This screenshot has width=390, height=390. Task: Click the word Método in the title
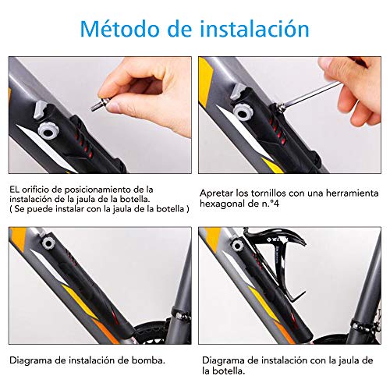(x=120, y=28)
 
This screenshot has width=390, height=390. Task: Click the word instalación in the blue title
(x=255, y=28)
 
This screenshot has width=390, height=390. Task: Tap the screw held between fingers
(x=101, y=104)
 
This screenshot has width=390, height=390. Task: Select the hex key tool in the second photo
(x=307, y=94)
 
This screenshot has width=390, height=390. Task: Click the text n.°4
(x=271, y=204)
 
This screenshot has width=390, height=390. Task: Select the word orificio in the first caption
(x=36, y=190)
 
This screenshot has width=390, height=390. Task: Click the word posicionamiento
(x=102, y=190)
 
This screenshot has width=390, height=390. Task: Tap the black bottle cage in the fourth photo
(x=279, y=263)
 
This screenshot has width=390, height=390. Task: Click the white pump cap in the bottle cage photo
(x=237, y=246)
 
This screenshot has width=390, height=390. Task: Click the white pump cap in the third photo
(x=48, y=243)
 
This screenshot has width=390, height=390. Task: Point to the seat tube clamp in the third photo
(x=180, y=315)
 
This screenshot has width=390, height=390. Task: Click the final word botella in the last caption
(x=223, y=371)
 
